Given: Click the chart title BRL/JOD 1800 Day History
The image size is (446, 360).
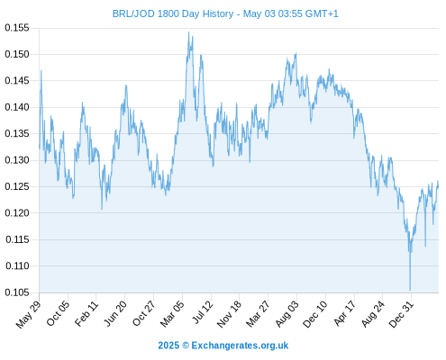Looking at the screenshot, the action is click(x=173, y=13).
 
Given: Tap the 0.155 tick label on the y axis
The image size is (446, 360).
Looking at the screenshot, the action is click(x=17, y=28).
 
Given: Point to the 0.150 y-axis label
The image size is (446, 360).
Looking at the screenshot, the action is click(x=17, y=54).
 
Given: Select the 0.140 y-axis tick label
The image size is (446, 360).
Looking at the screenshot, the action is click(x=17, y=107).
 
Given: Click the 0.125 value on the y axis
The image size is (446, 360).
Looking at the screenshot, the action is click(x=17, y=186).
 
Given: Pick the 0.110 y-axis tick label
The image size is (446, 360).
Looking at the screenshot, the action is click(x=17, y=265).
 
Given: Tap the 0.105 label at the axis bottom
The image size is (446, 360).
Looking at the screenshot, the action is click(x=17, y=292).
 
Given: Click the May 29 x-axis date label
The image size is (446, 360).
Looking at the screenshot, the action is click(x=28, y=314).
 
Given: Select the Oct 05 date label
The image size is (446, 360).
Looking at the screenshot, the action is click(x=58, y=313).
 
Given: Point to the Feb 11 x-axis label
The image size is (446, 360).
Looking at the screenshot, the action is click(x=86, y=313).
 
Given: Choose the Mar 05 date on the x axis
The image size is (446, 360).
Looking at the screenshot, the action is click(x=171, y=314).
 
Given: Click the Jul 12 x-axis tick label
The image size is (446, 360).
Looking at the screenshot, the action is click(x=203, y=312).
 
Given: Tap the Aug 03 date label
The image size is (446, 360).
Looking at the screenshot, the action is click(x=287, y=314).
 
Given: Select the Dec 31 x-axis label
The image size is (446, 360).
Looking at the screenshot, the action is click(x=401, y=314).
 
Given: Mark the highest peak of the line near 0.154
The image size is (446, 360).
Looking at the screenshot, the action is click(x=188, y=32).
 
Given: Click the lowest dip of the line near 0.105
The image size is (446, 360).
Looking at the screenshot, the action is click(x=410, y=290).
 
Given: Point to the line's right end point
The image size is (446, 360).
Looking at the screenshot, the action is click(x=438, y=186).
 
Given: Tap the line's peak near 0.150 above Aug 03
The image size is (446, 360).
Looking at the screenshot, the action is click(x=296, y=53).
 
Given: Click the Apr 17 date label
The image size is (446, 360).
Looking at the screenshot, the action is click(x=344, y=313).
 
